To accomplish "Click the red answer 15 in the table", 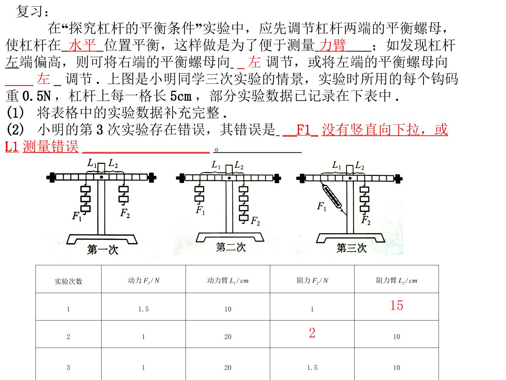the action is [396, 305].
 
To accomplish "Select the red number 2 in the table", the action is [312, 333].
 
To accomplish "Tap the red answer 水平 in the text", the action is [82, 45].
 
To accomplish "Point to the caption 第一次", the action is [103, 250].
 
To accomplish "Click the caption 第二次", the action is [231, 247].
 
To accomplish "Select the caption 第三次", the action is [351, 248].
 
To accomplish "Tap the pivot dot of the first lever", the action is [102, 177].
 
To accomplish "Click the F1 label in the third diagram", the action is [322, 206].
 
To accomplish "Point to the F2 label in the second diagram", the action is [255, 221].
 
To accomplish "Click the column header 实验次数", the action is [69, 281].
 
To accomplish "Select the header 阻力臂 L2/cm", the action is [396, 280].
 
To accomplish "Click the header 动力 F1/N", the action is [144, 280].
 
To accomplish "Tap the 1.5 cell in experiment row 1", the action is [143, 309].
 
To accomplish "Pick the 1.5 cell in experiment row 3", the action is [312, 368].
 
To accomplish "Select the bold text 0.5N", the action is [37, 96].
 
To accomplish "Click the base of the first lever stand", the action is [102, 239].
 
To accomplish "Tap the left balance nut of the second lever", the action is [181, 178].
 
